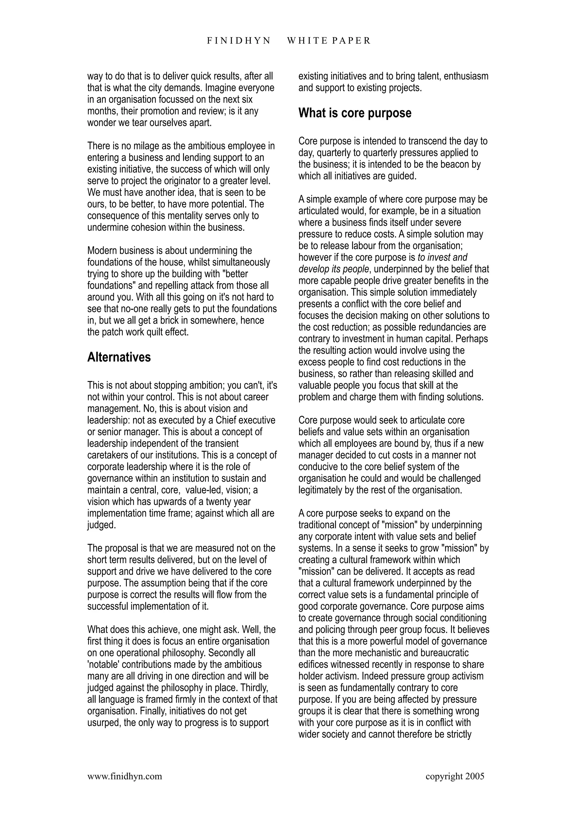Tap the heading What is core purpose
click(354, 113)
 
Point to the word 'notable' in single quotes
click(103, 664)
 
